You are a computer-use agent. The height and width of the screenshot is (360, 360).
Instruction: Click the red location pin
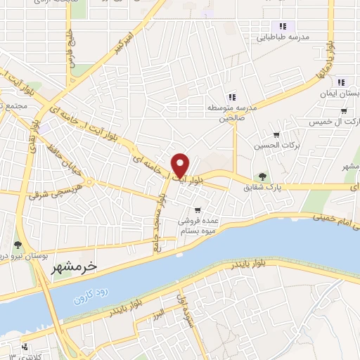pos(181,165)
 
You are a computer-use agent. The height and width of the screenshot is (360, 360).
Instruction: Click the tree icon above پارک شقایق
pos(262,176)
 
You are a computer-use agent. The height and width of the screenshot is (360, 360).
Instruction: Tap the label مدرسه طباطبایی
pos(288,37)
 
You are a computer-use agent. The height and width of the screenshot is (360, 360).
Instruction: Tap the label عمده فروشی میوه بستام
pos(201,225)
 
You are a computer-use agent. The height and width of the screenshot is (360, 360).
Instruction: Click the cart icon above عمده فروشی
pos(198,210)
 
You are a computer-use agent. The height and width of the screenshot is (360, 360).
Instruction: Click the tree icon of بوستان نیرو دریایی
pos(18,245)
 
